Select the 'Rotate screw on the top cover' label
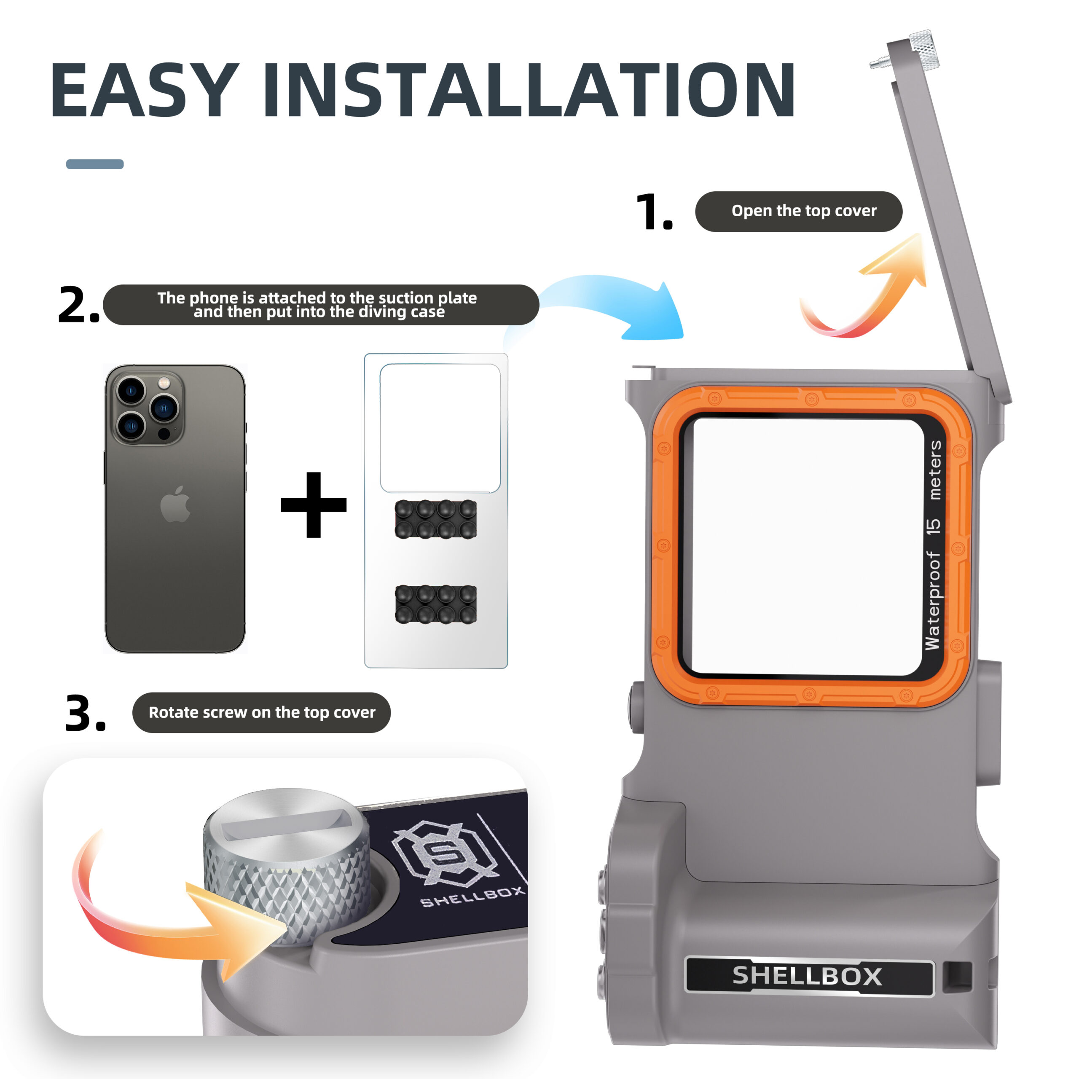point(261,713)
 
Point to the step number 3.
point(85,713)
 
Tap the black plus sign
point(313,505)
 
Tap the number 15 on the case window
point(933,526)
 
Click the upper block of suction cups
point(436,519)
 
